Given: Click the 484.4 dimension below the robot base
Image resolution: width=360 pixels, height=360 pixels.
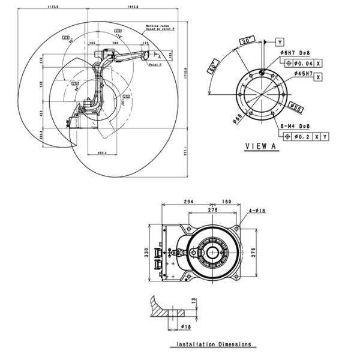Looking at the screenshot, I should [x=101, y=153].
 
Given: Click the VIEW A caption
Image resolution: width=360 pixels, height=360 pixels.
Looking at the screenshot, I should [x=262, y=146].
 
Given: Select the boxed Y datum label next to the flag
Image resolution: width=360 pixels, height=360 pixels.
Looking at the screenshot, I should [x=280, y=41].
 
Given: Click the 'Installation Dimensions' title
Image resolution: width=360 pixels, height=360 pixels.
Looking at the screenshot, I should [x=214, y=345].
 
